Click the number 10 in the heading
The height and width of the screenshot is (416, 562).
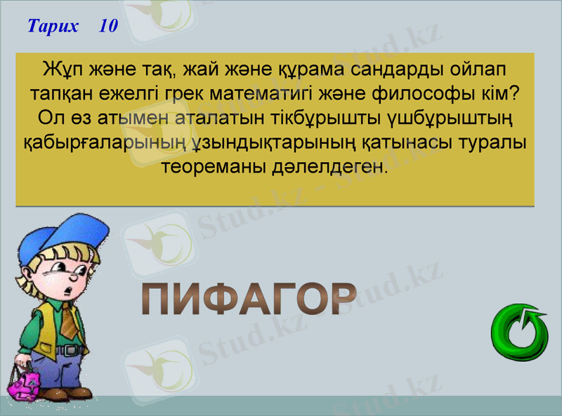tap(108, 27)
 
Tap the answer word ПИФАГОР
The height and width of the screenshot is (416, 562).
tap(249, 300)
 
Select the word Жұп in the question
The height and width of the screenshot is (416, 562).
tap(60, 71)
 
